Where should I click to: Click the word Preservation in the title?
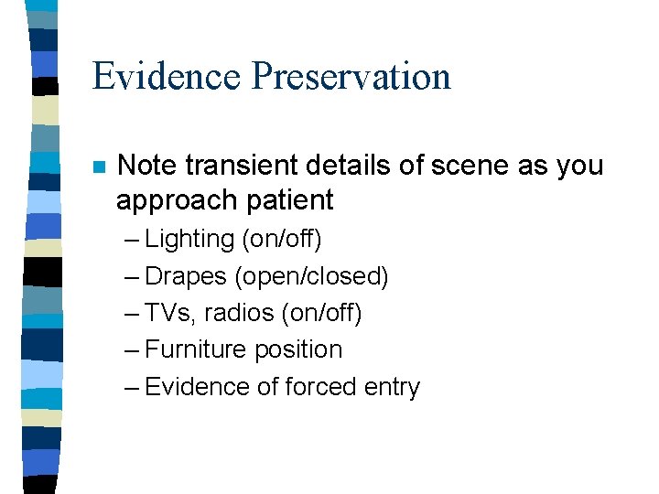[x=351, y=77]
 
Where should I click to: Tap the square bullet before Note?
[x=99, y=167]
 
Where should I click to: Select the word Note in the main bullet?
[x=148, y=166]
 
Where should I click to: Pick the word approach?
[x=170, y=200]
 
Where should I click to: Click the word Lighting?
[x=189, y=240]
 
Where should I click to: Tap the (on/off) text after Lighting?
[x=281, y=240]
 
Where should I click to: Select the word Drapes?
[x=186, y=276]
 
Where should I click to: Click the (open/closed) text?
[x=311, y=276]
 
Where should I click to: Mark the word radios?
[x=240, y=313]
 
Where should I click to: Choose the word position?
[x=298, y=350]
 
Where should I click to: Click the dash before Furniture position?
[x=131, y=350]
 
